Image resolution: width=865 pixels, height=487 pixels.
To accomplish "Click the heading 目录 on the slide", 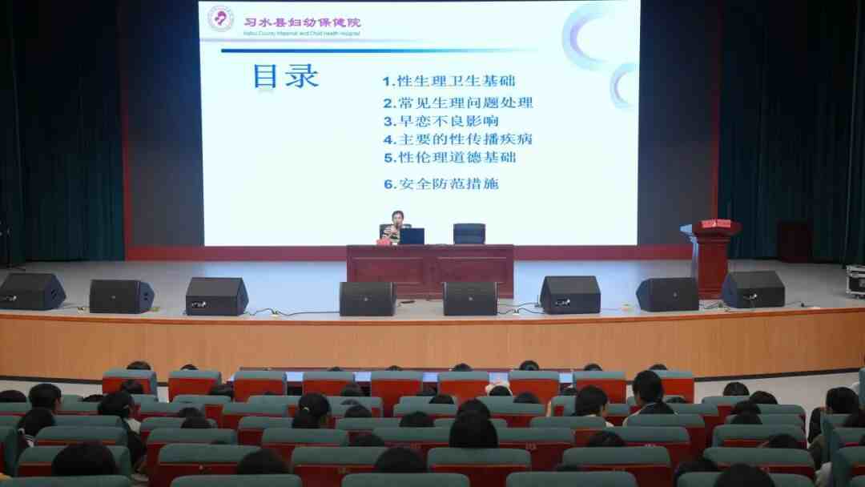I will (x=285, y=76).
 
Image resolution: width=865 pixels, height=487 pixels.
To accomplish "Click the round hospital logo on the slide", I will (x=220, y=19).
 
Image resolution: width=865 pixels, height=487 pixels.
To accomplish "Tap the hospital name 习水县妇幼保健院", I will (x=302, y=22).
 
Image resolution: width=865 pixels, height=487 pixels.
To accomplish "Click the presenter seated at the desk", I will (x=396, y=227).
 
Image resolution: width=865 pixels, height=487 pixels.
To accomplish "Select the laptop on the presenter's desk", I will (x=412, y=236).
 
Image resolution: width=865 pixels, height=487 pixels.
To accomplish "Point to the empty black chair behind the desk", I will (x=469, y=233).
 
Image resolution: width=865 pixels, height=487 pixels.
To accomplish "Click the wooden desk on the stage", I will (x=430, y=270).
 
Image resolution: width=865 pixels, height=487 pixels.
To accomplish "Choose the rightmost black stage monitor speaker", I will (x=753, y=289).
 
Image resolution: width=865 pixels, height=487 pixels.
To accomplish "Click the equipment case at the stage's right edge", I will (x=855, y=280).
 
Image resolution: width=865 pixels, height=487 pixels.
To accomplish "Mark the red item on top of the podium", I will (x=715, y=223).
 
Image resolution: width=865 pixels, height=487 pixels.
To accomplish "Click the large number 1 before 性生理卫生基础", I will (x=388, y=81).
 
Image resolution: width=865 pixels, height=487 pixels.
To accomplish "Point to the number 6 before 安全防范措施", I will (x=388, y=183).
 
